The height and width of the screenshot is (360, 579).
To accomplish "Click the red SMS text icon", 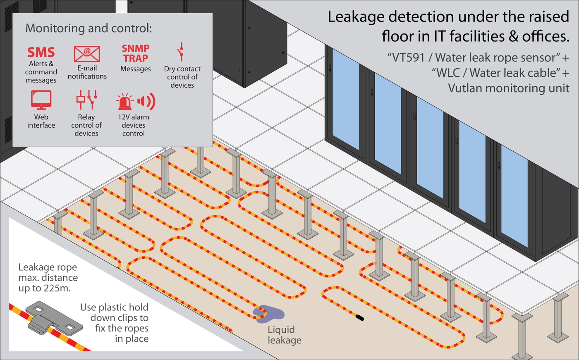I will (x=41, y=52).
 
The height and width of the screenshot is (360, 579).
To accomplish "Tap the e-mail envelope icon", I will (x=87, y=54).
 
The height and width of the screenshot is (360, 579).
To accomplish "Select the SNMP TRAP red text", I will (x=136, y=53).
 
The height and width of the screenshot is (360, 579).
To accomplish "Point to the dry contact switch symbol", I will (x=180, y=52).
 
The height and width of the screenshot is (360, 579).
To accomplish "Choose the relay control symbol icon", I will (x=87, y=100).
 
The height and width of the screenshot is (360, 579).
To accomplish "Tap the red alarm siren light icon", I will (x=125, y=102).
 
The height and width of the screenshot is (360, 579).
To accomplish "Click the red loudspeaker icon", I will (x=146, y=101).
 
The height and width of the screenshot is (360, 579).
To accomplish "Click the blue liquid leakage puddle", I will (x=269, y=314).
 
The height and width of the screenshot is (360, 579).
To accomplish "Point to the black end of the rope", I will (x=360, y=318).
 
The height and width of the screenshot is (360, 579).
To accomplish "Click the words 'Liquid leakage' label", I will (x=284, y=335).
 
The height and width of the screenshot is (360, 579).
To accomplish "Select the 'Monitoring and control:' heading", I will (x=89, y=28).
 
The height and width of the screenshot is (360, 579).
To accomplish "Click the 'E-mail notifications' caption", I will (x=87, y=72).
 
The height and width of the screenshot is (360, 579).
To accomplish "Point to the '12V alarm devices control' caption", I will (x=133, y=125).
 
